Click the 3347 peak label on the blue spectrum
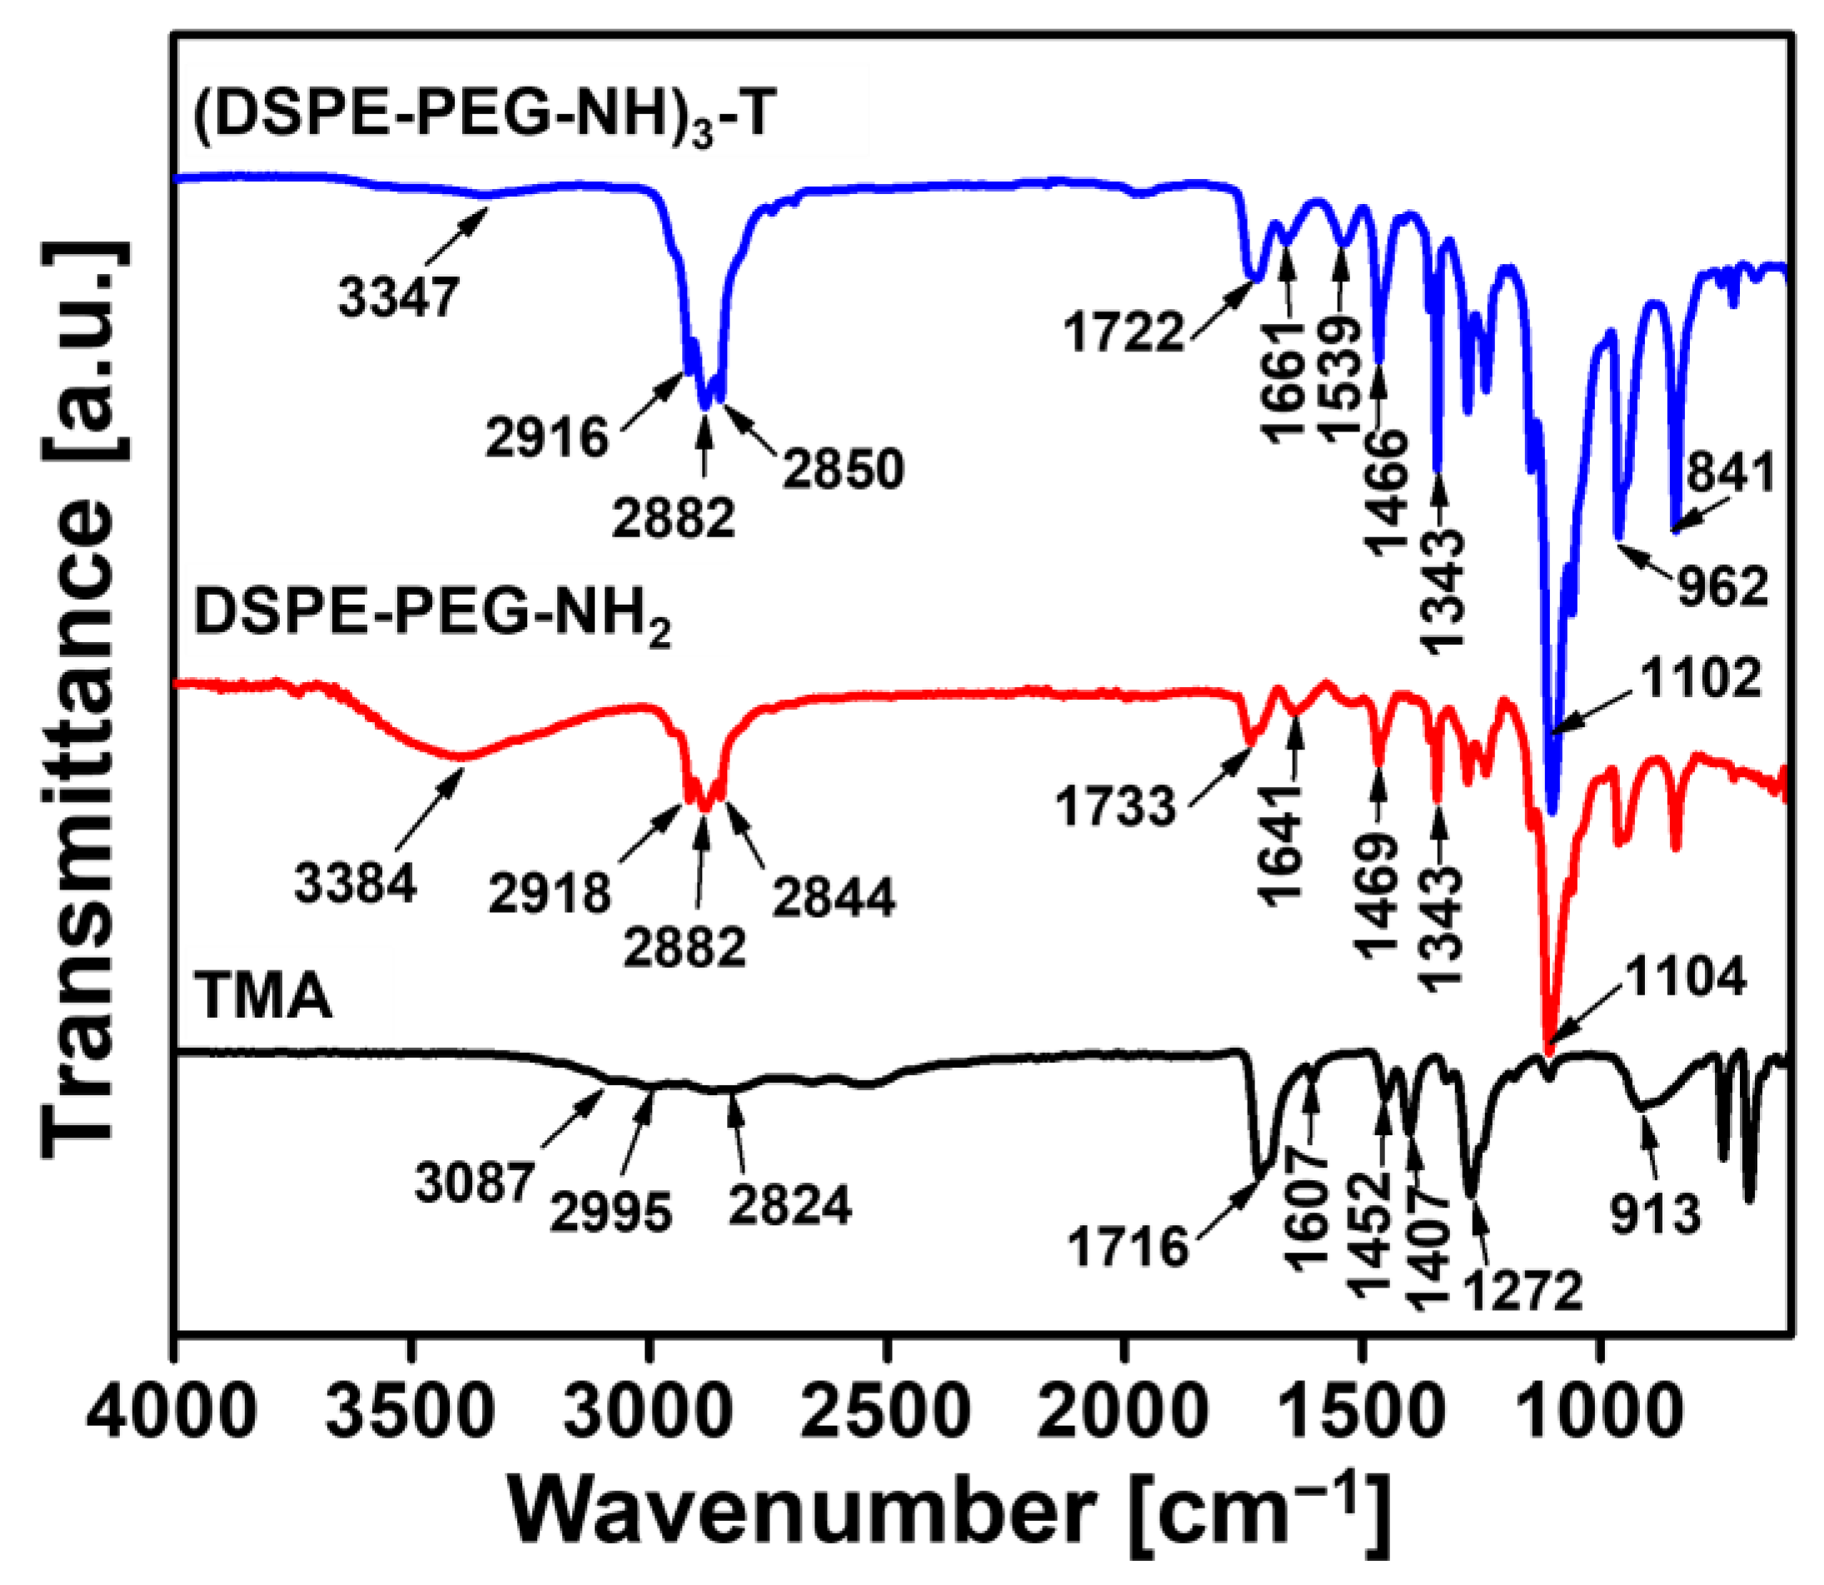click(399, 298)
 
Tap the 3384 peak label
click(355, 883)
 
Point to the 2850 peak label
click(843, 469)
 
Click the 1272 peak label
click(1522, 1290)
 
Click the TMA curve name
click(263, 997)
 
